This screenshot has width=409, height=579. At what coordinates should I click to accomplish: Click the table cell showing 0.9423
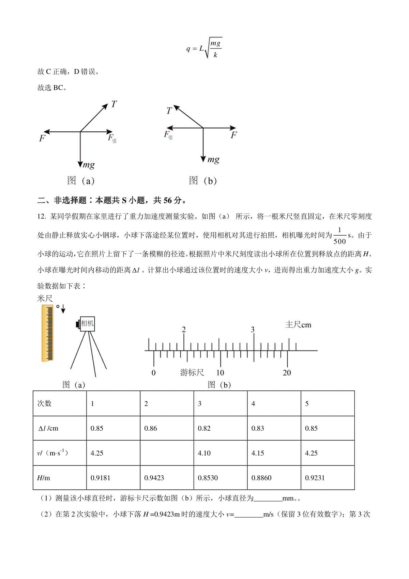click(154, 478)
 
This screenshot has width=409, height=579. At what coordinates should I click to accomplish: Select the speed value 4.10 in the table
click(204, 453)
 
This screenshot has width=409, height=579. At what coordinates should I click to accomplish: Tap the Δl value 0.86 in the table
click(151, 428)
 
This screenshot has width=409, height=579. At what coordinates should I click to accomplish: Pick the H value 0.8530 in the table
click(208, 478)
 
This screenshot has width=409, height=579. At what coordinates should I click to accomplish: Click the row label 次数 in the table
click(44, 403)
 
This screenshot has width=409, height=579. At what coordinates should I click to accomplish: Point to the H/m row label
click(44, 478)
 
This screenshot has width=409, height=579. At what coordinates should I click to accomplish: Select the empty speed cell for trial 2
click(167, 453)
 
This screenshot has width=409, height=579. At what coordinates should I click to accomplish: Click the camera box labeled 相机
click(87, 323)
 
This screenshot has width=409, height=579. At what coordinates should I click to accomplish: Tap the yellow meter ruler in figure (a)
click(47, 333)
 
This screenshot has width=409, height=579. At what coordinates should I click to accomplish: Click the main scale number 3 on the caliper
click(253, 330)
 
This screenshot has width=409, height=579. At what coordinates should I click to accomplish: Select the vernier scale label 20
click(287, 373)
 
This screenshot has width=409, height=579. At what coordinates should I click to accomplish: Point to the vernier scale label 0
click(153, 373)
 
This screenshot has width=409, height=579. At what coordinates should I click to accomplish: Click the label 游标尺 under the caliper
click(192, 372)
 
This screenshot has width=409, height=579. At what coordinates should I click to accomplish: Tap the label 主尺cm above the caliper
click(298, 325)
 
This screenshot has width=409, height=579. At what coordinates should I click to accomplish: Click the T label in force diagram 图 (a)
click(114, 104)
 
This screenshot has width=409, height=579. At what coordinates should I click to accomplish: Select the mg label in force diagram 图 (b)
click(214, 159)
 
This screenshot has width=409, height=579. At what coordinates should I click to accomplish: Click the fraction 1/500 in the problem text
click(339, 236)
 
